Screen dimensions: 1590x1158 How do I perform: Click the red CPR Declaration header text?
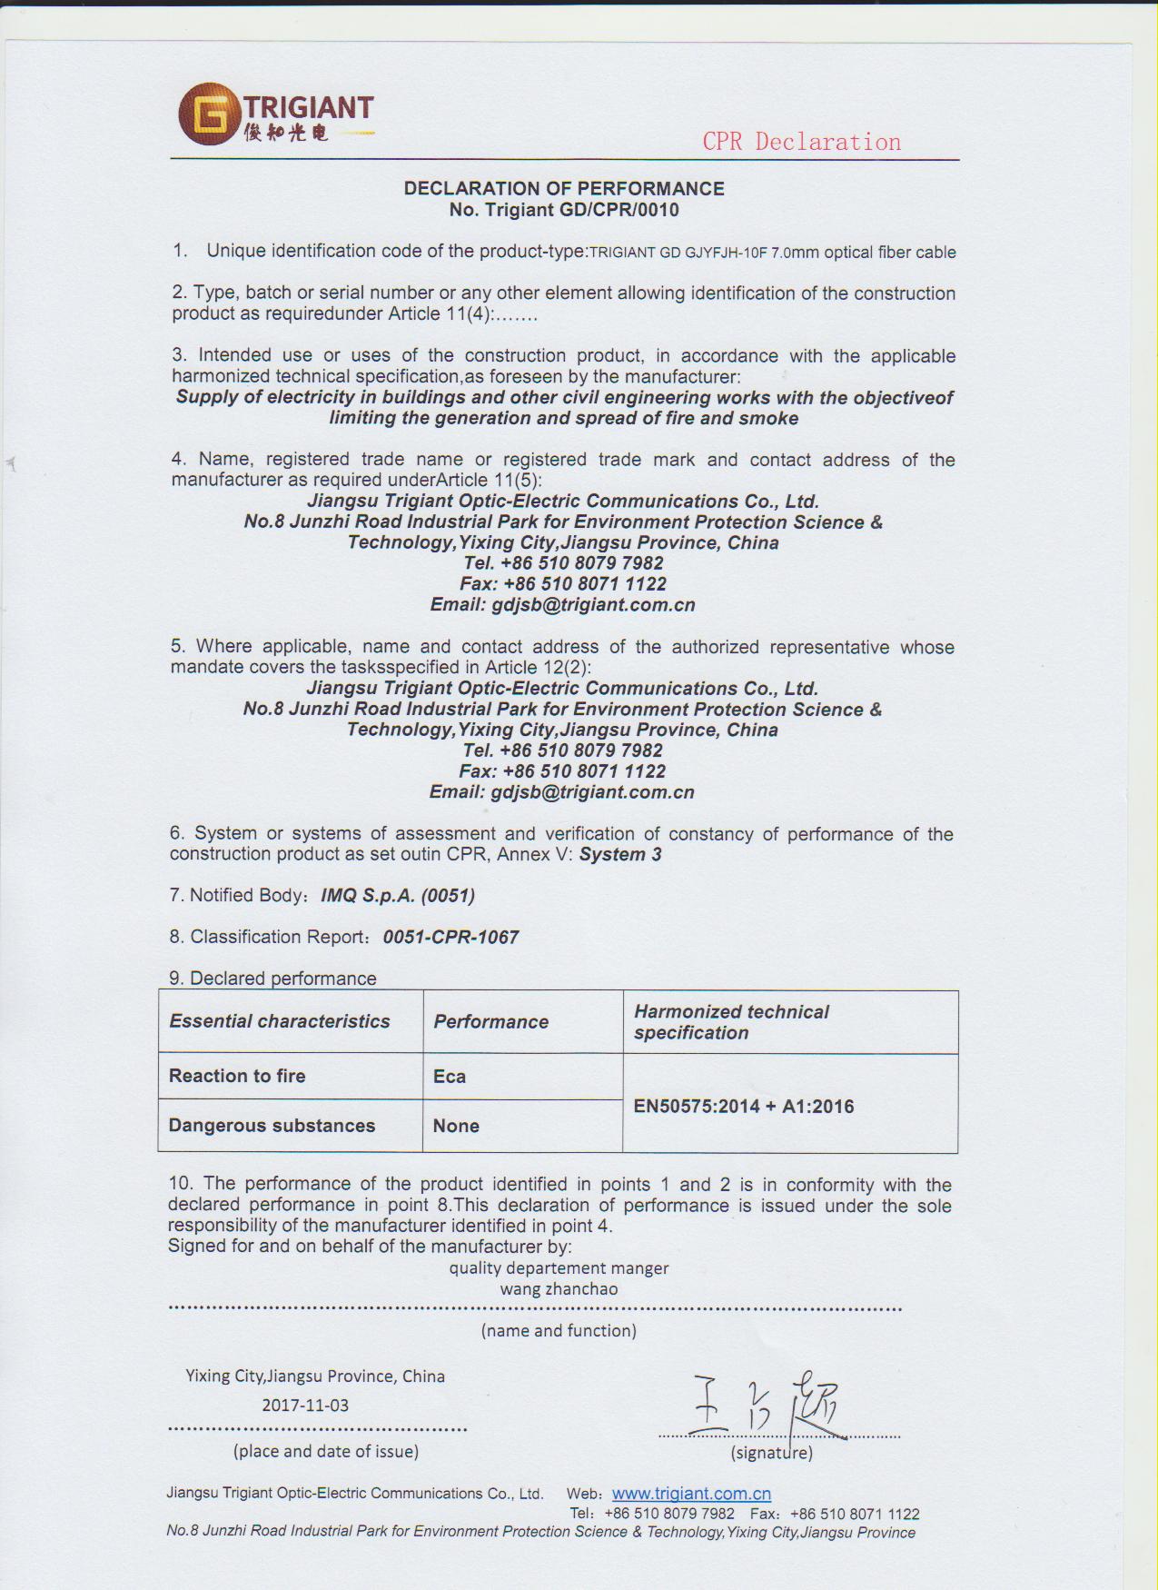[801, 142]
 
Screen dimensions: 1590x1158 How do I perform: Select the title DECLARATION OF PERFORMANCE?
[564, 189]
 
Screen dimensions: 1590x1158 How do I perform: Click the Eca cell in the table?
[450, 1077]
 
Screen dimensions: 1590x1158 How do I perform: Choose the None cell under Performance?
[456, 1126]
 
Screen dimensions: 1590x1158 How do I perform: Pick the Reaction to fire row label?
[237, 1076]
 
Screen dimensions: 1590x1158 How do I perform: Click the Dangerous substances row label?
[272, 1126]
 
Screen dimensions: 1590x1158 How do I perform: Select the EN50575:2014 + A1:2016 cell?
[744, 1106]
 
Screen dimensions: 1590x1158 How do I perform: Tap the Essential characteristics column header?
[280, 1021]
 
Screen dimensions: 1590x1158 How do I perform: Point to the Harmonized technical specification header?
[731, 1022]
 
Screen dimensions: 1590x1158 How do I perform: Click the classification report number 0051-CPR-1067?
[451, 937]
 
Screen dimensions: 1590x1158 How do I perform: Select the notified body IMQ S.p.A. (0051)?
[398, 895]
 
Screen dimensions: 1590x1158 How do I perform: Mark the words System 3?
[620, 854]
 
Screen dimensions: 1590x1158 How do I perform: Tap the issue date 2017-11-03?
[305, 1405]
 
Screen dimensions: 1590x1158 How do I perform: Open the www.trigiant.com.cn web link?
[691, 1493]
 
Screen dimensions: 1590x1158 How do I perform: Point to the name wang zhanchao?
[559, 1288]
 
